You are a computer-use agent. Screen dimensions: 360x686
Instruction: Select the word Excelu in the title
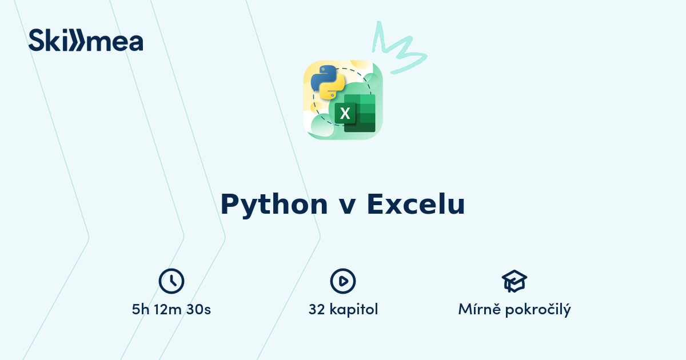416,205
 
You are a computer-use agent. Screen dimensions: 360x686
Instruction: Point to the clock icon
171,281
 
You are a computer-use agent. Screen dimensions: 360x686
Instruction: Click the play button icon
343,281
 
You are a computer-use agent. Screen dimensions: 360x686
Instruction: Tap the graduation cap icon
514,281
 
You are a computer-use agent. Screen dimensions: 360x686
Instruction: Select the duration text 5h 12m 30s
171,310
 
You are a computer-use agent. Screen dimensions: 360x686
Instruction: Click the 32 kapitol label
343,310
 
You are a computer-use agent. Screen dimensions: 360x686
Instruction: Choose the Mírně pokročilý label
514,310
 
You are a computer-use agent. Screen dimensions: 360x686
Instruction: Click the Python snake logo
328,82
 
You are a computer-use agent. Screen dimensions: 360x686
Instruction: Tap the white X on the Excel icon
345,113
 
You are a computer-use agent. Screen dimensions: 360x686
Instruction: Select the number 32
317,310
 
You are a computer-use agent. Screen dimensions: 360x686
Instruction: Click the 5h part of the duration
141,310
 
